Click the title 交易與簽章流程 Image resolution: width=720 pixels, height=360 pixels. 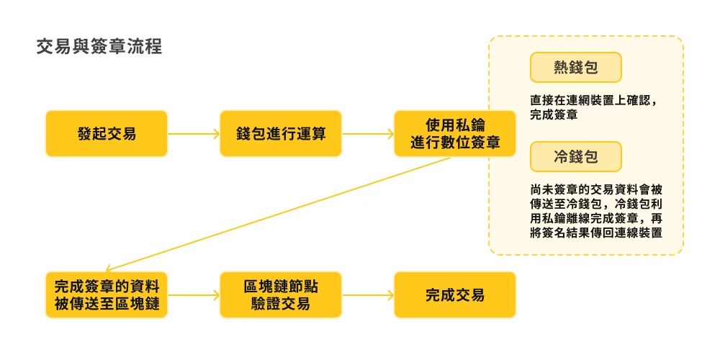pos(99,48)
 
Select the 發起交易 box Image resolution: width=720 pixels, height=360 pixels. pos(107,133)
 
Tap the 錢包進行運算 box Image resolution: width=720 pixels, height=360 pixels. pos(281,133)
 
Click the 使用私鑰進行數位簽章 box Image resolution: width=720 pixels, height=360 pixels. pos(454,133)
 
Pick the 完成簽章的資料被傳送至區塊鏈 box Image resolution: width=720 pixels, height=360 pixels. pos(107,294)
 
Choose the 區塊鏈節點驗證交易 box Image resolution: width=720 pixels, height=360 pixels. pos(281,294)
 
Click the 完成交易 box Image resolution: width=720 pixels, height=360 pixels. pos(454,294)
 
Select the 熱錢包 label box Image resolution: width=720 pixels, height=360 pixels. pos(575,68)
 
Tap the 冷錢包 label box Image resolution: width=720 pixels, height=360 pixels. pos(575,156)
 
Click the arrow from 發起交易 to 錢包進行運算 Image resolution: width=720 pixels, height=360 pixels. pos(194,134)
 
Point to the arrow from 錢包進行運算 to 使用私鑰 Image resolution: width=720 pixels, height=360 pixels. pos(367,134)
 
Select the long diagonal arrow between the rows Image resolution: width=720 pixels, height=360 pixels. pos(281,213)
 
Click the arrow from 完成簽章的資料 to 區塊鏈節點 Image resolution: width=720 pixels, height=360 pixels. pos(194,295)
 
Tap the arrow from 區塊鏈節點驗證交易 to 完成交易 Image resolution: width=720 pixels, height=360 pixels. pos(367,295)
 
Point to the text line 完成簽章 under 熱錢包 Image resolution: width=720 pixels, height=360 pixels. pos(552,114)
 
